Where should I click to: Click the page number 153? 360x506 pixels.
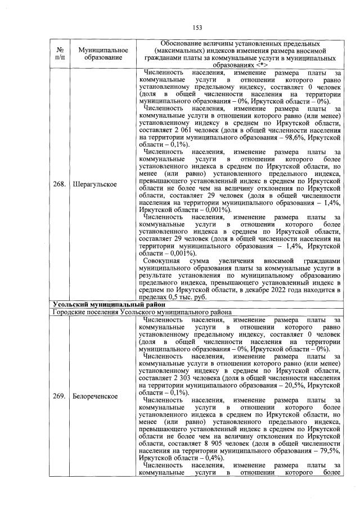(197, 27)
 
